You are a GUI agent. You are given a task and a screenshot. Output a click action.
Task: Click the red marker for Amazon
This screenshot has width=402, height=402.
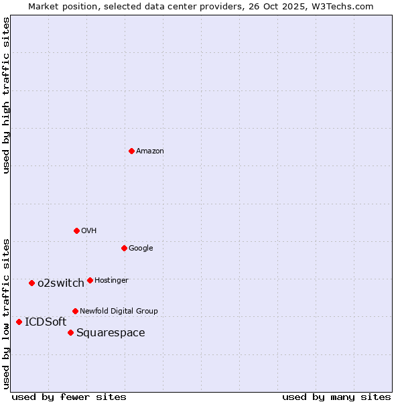click(131, 151)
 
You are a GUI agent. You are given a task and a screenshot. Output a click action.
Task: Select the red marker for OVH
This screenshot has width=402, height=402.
click(76, 230)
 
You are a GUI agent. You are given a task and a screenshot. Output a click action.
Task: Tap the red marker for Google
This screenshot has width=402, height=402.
click(124, 248)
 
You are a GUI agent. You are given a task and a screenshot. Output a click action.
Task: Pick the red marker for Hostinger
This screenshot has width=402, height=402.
click(90, 280)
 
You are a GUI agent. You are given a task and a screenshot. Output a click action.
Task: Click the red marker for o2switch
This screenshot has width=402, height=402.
click(31, 283)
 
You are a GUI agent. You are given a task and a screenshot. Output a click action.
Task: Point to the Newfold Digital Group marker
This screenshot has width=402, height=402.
click(75, 311)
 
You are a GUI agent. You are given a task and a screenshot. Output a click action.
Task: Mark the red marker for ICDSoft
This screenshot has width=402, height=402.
click(19, 322)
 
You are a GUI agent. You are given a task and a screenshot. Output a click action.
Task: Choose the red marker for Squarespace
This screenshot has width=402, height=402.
click(70, 332)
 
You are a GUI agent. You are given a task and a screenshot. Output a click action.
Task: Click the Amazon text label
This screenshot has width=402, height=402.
click(149, 151)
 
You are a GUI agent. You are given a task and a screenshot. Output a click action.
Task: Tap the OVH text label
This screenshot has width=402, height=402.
click(89, 231)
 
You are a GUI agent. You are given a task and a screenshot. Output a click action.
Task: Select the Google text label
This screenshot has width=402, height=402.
click(141, 249)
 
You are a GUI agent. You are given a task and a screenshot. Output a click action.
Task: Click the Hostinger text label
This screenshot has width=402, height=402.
click(111, 281)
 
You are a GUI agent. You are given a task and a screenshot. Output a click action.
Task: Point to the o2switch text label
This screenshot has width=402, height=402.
click(61, 283)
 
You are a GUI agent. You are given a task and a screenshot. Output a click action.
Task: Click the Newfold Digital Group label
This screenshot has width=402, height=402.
click(119, 312)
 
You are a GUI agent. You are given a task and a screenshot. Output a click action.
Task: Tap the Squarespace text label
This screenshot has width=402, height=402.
click(111, 333)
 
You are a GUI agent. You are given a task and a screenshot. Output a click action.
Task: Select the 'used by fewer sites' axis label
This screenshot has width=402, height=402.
click(69, 397)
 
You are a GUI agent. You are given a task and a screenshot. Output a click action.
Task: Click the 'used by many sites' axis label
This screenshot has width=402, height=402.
click(336, 397)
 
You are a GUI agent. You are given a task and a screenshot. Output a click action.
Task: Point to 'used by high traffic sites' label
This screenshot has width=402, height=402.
click(6, 95)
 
